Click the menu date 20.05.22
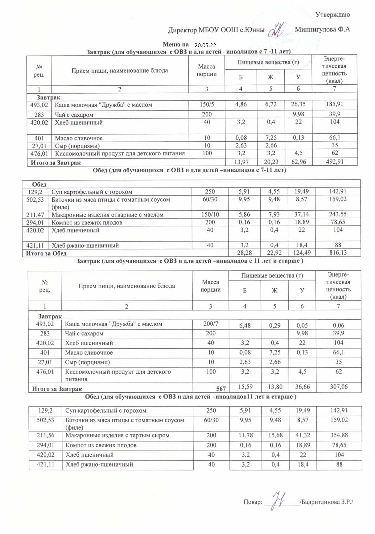[205, 45]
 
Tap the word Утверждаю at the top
[332, 14]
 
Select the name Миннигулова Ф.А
[322, 30]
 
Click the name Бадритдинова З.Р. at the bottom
[327, 502]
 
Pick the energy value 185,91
[335, 104]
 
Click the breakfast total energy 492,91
[335, 162]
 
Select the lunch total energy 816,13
[338, 253]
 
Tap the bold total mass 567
[221, 389]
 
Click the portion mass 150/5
[207, 104]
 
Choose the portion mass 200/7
[211, 324]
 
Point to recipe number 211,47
[35, 215]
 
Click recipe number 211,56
[45, 435]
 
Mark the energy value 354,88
[339, 435]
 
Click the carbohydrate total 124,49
[301, 253]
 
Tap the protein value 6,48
[245, 325]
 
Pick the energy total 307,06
[339, 387]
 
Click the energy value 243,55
[338, 214]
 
